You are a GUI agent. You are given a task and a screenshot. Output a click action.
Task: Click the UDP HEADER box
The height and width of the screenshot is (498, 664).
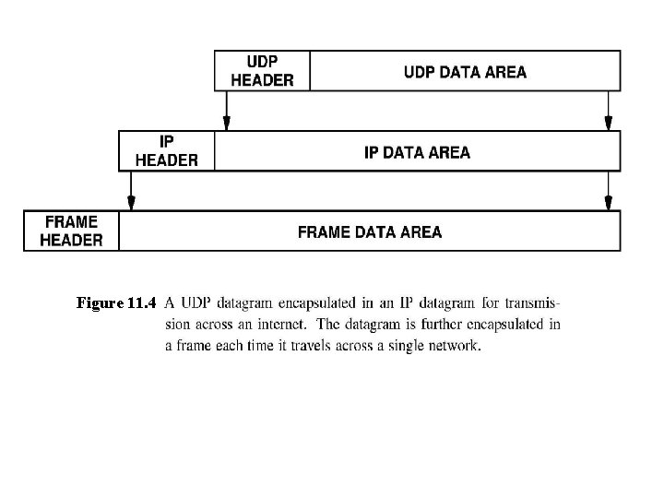click(262, 71)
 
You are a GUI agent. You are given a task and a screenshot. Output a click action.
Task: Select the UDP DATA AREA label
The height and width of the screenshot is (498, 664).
click(466, 72)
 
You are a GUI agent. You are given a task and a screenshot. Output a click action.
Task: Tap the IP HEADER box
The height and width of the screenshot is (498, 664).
click(166, 151)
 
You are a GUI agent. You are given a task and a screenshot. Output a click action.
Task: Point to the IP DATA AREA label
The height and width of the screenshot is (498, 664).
click(417, 152)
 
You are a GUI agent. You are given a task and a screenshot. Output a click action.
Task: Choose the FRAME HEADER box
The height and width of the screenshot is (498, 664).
click(72, 231)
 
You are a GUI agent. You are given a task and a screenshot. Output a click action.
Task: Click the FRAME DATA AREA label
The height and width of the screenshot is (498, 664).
click(369, 231)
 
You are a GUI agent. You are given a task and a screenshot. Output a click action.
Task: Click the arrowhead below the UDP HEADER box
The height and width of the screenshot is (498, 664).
click(226, 124)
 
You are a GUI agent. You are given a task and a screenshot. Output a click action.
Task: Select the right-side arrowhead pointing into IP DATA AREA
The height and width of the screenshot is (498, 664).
click(608, 124)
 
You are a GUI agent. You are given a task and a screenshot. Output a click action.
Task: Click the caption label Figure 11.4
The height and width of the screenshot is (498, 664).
click(117, 302)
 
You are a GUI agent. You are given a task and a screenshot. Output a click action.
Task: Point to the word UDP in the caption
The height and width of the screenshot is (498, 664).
click(196, 302)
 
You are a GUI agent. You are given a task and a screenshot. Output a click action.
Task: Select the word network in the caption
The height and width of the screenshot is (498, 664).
click(451, 347)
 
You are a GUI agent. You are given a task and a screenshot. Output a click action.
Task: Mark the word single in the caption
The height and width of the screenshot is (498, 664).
click(404, 347)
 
